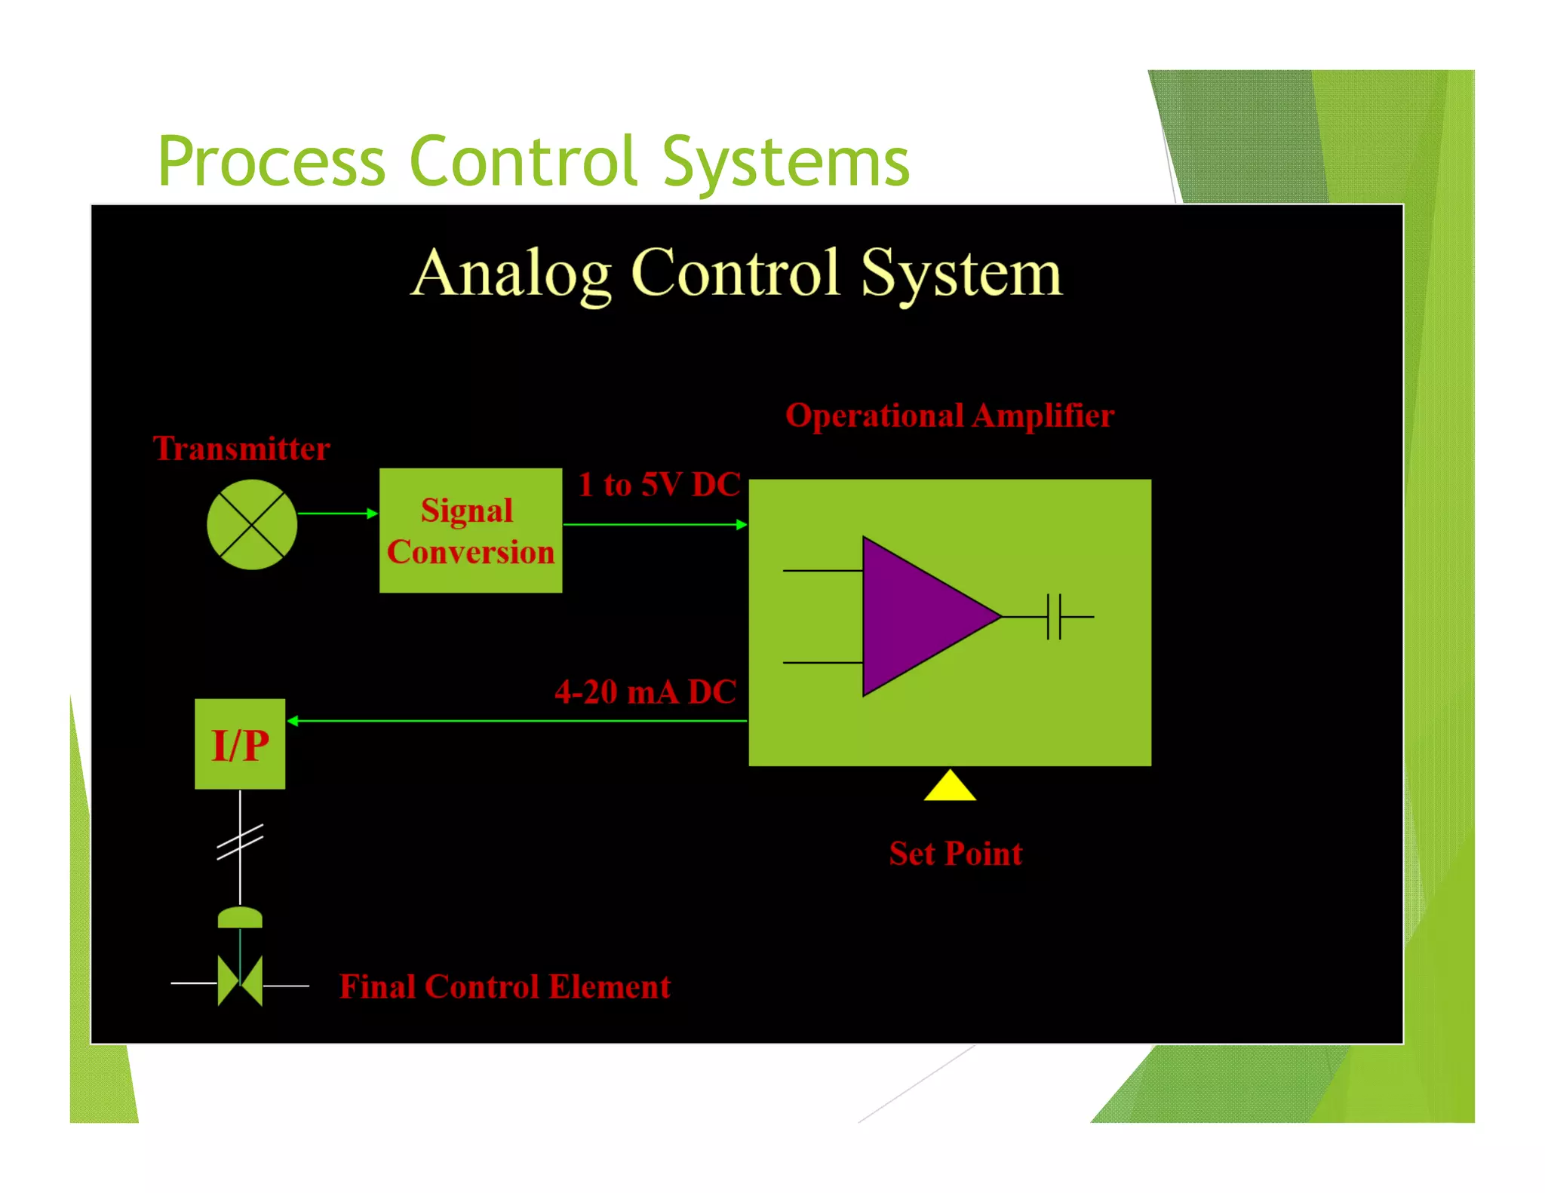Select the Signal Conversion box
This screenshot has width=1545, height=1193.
point(470,530)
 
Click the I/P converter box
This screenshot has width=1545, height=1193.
point(240,744)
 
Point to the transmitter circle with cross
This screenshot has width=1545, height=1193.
point(252,525)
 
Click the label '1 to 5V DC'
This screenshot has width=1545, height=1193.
point(659,484)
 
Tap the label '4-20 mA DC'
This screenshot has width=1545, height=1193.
point(645,692)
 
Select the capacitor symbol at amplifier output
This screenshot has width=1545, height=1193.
point(1054,616)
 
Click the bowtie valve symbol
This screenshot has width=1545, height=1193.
point(240,982)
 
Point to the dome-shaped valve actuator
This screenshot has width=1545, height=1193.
point(240,918)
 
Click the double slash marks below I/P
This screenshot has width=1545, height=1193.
point(240,842)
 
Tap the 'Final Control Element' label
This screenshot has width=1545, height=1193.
point(505,986)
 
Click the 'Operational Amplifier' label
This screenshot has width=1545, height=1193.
point(950,416)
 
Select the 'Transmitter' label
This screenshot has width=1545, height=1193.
point(241,449)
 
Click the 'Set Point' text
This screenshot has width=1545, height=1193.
point(955,854)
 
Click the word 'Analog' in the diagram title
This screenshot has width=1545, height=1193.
point(511,274)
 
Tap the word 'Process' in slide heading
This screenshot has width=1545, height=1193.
point(272,162)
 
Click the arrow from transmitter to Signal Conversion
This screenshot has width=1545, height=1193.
point(336,514)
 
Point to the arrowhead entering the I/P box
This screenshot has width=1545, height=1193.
point(293,721)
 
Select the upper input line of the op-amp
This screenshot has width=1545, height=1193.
point(822,571)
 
